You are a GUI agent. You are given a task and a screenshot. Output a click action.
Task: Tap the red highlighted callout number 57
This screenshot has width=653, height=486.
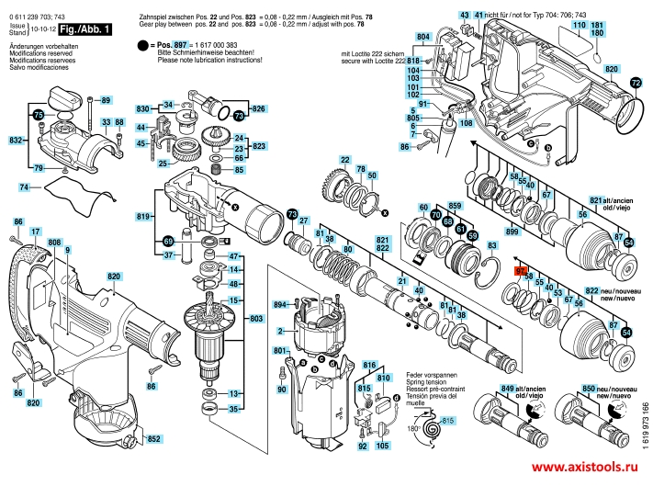tap(519, 272)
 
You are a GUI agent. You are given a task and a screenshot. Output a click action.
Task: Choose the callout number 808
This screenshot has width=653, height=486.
tap(53, 243)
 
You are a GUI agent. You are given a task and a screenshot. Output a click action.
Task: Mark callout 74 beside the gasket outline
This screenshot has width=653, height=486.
tap(24, 187)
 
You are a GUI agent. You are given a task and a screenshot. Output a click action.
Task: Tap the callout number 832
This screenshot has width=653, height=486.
tap(16, 140)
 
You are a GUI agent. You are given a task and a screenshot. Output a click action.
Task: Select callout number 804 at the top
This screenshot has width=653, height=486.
tap(422, 36)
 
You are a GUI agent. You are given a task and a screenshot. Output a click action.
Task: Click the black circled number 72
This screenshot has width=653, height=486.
tap(636, 83)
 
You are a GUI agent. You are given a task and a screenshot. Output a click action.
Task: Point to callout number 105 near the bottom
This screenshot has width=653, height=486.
tap(382, 446)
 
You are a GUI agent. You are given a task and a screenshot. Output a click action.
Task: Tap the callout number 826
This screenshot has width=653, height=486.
tap(258, 109)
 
